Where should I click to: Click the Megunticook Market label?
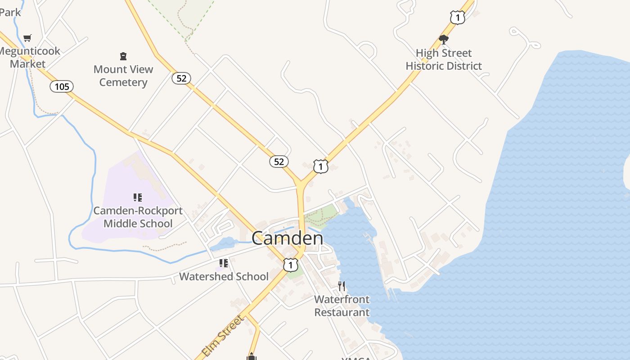(28, 57)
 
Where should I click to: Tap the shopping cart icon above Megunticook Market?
(27, 38)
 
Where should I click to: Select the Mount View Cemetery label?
(123, 76)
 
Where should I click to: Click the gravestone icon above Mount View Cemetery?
(123, 56)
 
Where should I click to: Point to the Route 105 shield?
(62, 86)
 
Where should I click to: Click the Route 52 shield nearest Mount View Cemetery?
(181, 78)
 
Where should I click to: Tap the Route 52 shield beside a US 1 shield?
(279, 162)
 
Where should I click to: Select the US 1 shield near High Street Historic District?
(457, 18)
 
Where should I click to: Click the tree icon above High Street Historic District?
(444, 40)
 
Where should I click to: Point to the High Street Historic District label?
(444, 59)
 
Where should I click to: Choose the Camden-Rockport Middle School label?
(138, 217)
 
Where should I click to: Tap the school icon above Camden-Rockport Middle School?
(138, 198)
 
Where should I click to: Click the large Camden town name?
(287, 238)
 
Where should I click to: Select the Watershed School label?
(224, 276)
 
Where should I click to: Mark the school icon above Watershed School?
(224, 263)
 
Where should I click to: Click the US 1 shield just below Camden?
(291, 265)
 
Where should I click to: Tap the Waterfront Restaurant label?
(342, 306)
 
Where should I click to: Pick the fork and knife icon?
(342, 286)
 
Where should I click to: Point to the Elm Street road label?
(222, 336)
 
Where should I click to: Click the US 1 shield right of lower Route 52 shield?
(320, 166)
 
